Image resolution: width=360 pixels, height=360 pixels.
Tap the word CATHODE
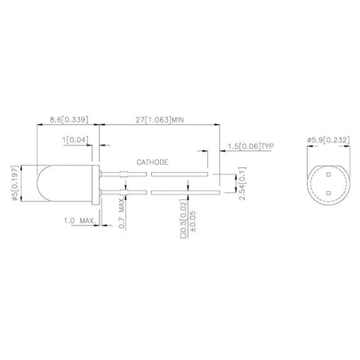[x=152, y=161]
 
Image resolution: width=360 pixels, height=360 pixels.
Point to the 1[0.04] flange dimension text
[x=77, y=139]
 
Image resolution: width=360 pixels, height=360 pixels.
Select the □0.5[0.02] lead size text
[x=185, y=223]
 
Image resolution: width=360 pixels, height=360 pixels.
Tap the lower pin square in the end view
[x=329, y=192]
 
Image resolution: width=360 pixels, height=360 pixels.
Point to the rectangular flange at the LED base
[x=96, y=182]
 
